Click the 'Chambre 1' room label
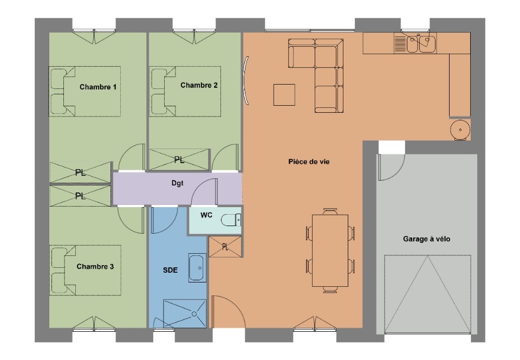(98, 87)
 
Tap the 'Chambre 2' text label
(199, 85)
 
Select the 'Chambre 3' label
(95, 266)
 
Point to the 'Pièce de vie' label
(309, 162)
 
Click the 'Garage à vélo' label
(426, 239)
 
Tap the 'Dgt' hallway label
(178, 183)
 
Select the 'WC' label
(206, 215)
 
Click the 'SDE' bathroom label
(170, 270)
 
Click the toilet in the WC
(231, 220)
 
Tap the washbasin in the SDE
(197, 268)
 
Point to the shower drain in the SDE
(194, 314)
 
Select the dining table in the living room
(330, 250)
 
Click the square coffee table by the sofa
(284, 95)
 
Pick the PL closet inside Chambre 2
(179, 160)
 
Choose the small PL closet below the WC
(225, 247)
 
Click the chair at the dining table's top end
(330, 211)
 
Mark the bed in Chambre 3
(85, 271)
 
